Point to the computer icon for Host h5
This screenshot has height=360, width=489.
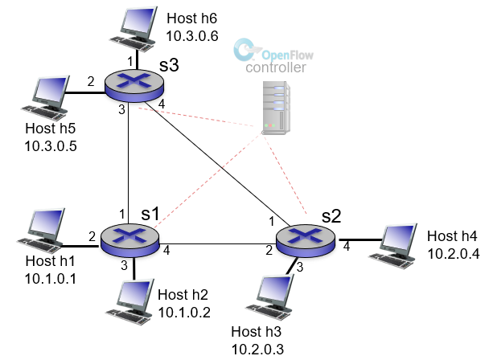click(x=43, y=96)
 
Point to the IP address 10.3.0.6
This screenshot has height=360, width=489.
click(x=191, y=35)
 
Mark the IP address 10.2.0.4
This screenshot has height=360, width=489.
click(x=452, y=251)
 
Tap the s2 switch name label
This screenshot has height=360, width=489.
click(x=331, y=215)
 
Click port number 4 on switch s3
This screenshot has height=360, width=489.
click(x=162, y=104)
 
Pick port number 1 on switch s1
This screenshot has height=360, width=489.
click(x=121, y=215)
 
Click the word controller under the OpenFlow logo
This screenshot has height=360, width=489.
click(x=276, y=70)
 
